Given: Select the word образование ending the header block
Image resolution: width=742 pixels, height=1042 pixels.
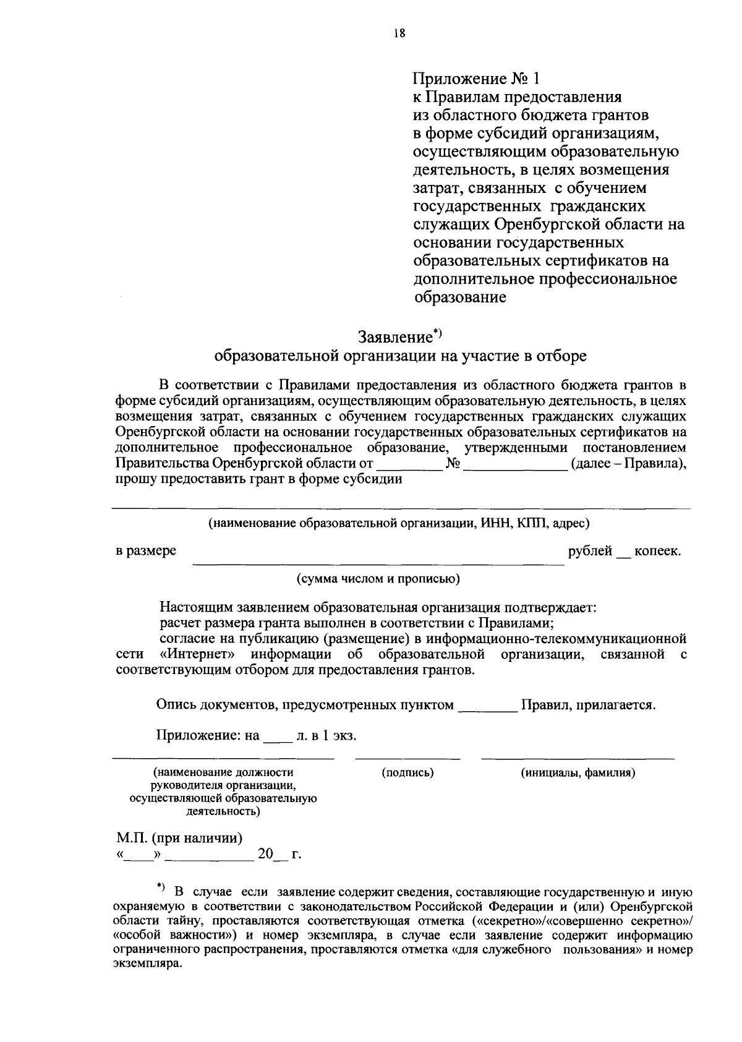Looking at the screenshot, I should [460, 297].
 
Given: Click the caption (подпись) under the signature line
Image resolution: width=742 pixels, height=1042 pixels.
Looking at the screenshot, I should [407, 772].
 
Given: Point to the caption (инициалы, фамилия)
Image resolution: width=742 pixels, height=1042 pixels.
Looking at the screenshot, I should [578, 772].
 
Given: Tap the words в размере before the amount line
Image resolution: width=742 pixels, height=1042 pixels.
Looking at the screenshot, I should [146, 550].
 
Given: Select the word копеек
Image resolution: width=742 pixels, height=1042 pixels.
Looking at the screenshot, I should [658, 550].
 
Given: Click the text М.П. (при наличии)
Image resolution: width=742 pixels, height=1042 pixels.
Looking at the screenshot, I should [179, 839].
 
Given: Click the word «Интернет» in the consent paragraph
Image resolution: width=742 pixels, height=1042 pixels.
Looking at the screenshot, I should [198, 654].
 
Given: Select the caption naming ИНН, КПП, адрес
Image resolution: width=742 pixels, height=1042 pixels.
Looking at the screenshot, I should [398, 523].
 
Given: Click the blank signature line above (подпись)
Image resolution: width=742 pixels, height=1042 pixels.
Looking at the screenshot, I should [407, 757].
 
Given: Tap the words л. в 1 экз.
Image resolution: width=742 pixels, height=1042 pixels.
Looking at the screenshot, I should [327, 737].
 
